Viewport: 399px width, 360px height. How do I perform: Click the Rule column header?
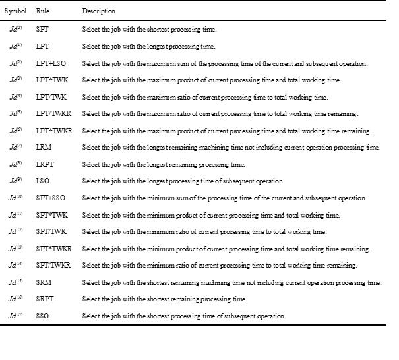coord(42,12)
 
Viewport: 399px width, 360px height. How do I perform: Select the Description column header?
coord(98,12)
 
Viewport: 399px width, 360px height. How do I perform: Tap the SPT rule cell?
coord(42,30)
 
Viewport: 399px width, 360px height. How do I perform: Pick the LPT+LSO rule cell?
coord(51,63)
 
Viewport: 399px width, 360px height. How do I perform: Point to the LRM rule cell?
coord(43,147)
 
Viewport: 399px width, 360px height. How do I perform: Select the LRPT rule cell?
coord(44,164)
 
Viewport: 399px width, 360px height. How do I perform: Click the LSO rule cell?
coord(42,181)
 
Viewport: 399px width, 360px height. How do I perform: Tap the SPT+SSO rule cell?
coord(51,198)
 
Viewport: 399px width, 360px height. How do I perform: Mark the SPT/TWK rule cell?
coord(50,231)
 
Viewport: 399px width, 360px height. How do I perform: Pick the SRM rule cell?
coord(43,282)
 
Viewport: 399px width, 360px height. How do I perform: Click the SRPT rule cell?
coord(44,299)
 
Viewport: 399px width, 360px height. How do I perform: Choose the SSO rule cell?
coord(42,316)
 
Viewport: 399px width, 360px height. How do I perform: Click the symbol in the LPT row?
coord(16,46)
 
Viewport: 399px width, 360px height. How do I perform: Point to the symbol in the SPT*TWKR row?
coord(16,248)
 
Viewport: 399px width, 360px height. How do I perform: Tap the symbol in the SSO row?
coord(16,316)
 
